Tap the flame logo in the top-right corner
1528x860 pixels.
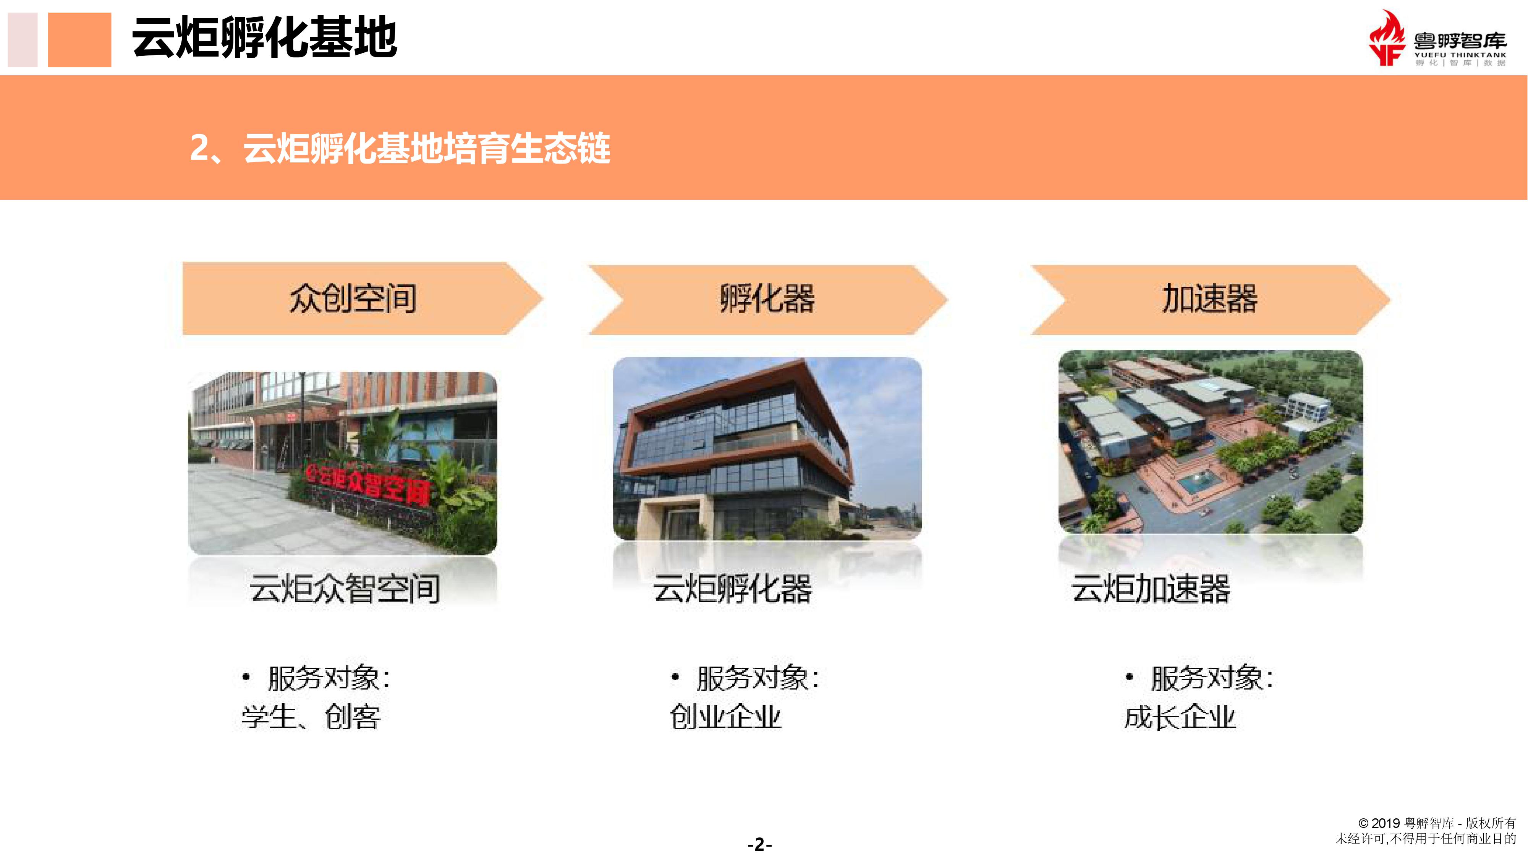(x=1387, y=38)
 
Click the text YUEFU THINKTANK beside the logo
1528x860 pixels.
(x=1460, y=55)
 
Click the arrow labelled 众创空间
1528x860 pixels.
(x=362, y=299)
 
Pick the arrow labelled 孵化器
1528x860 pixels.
(x=767, y=299)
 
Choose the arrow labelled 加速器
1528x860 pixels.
(x=1210, y=299)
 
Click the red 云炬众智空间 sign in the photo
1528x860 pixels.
(x=368, y=484)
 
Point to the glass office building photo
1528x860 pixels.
(x=767, y=449)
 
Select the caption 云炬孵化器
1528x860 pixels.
(x=733, y=589)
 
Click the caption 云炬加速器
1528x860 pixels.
(x=1151, y=589)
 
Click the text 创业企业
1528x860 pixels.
(x=725, y=717)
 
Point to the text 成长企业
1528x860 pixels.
(x=1180, y=717)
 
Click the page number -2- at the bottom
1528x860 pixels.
(x=760, y=844)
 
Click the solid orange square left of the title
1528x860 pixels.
(x=79, y=40)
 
